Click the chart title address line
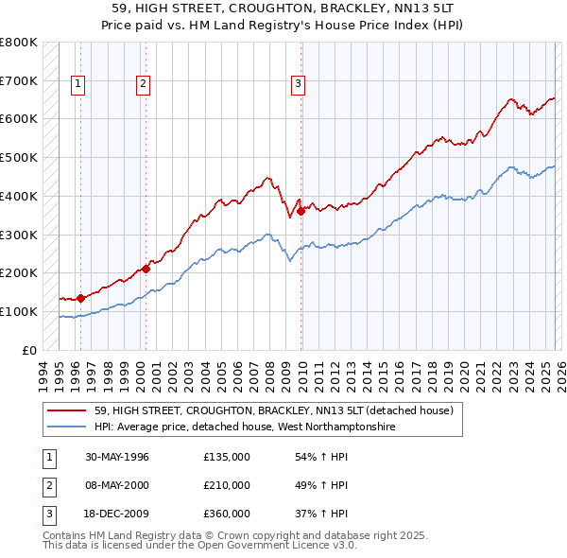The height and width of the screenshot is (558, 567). pyautogui.click(x=283, y=9)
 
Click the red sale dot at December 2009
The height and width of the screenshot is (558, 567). pyautogui.click(x=301, y=211)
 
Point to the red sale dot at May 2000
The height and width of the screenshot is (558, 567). pyautogui.click(x=146, y=269)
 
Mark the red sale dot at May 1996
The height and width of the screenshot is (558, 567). pyautogui.click(x=81, y=298)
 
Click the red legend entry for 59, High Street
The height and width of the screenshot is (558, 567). pyautogui.click(x=274, y=411)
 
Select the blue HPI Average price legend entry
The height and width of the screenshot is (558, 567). pyautogui.click(x=244, y=427)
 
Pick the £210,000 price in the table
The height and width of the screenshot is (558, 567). pyautogui.click(x=227, y=485)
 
